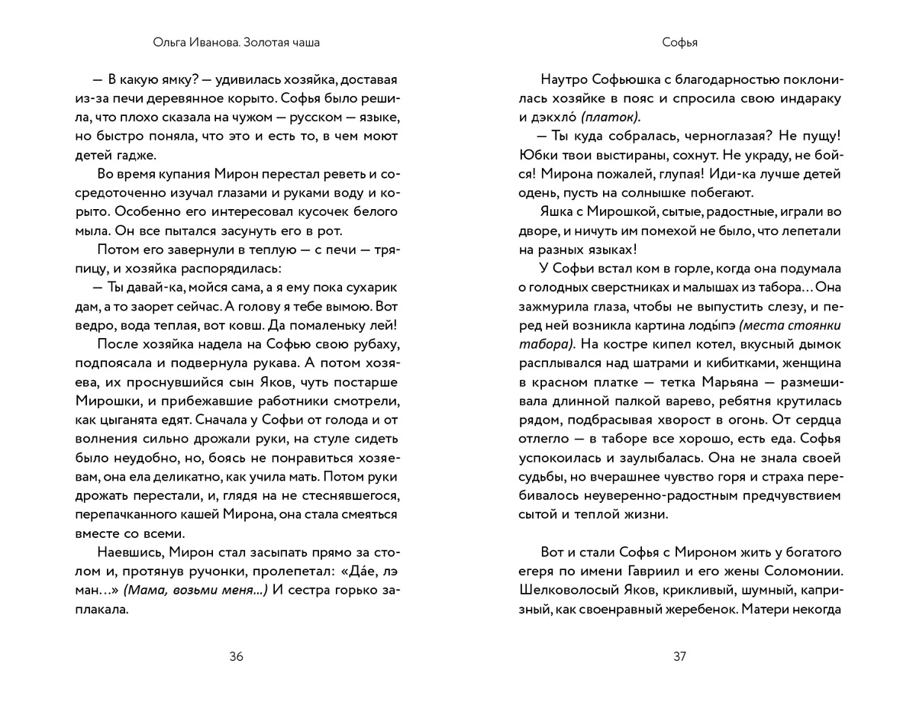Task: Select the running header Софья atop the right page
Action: point(679,43)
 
